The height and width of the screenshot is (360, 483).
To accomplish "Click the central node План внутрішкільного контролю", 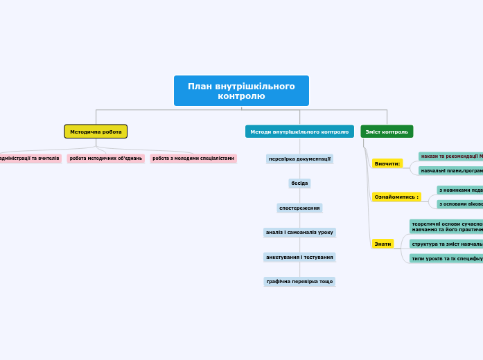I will click(x=241, y=91).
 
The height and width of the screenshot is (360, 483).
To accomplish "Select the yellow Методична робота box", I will click(x=96, y=132).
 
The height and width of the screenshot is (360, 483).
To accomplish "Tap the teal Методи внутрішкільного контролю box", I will click(x=299, y=132).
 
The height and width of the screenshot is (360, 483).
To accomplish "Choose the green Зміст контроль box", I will click(x=387, y=132).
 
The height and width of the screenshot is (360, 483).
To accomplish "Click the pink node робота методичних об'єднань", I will click(x=106, y=159).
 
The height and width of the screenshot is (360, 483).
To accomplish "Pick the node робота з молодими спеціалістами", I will click(x=193, y=159).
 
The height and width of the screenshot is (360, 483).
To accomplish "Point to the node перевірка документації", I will click(x=299, y=159).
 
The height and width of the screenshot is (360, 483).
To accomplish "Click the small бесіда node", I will click(x=299, y=183).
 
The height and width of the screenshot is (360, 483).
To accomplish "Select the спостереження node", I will click(x=299, y=208).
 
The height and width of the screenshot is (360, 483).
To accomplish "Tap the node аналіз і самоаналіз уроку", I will click(x=299, y=233).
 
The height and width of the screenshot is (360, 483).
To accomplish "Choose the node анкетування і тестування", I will click(x=299, y=257).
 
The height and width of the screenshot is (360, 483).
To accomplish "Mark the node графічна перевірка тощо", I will click(x=299, y=282).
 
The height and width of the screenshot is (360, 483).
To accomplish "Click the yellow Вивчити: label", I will click(x=387, y=163).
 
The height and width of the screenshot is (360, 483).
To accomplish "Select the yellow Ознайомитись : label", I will click(x=396, y=197).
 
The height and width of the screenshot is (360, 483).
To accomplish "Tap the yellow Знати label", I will click(x=383, y=244).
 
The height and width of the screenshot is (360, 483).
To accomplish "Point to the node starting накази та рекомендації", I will click(x=451, y=156).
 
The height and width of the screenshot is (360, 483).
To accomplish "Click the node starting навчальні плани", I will click(x=451, y=170).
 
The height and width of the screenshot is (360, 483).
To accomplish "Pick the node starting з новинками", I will click(x=460, y=190).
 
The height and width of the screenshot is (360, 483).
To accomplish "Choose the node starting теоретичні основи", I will click(x=446, y=226).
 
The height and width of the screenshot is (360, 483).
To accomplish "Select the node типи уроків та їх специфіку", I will click(x=446, y=258).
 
